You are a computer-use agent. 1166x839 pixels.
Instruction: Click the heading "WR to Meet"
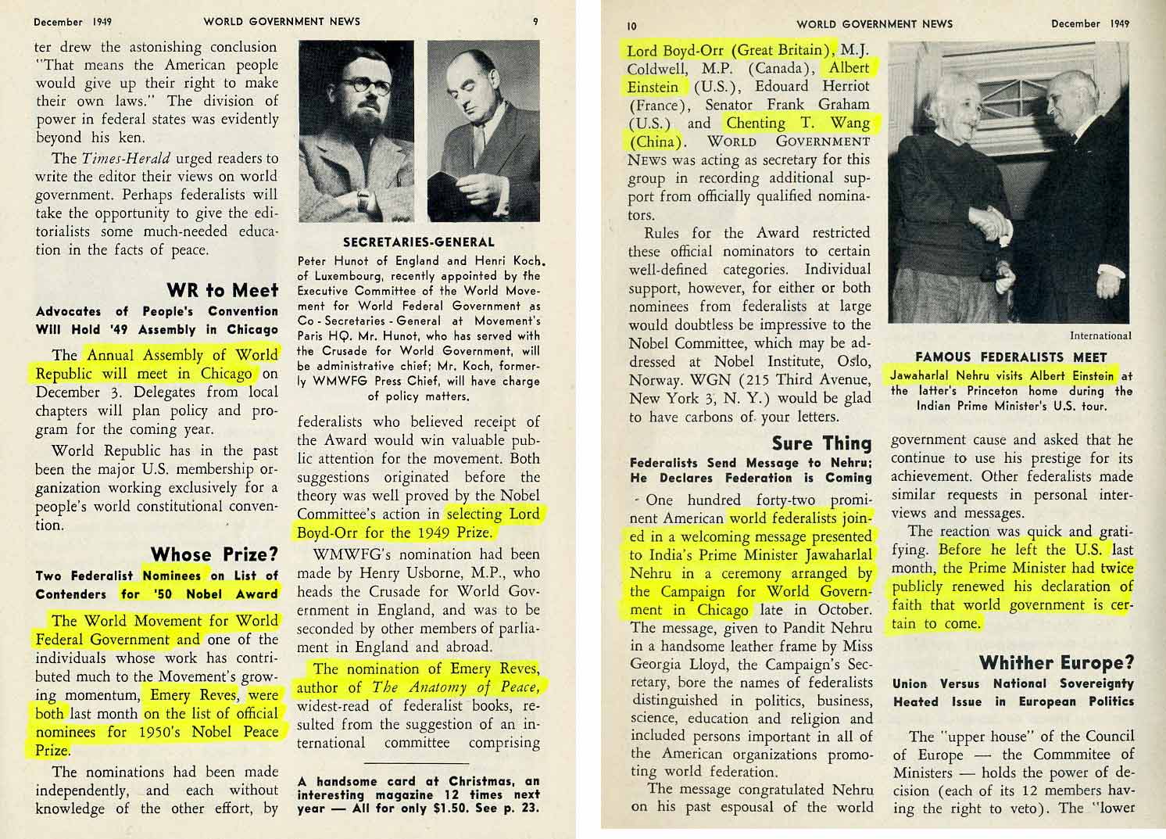click(x=222, y=290)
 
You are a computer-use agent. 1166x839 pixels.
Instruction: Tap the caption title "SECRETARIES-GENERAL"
click(x=418, y=242)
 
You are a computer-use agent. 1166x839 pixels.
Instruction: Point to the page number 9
click(x=535, y=22)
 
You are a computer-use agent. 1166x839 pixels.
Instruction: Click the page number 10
click(x=631, y=25)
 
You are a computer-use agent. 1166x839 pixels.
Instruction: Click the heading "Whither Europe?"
click(x=1056, y=662)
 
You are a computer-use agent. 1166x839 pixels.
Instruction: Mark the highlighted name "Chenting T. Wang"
click(x=797, y=123)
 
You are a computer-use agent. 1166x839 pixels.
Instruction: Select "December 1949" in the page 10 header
click(x=1089, y=23)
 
